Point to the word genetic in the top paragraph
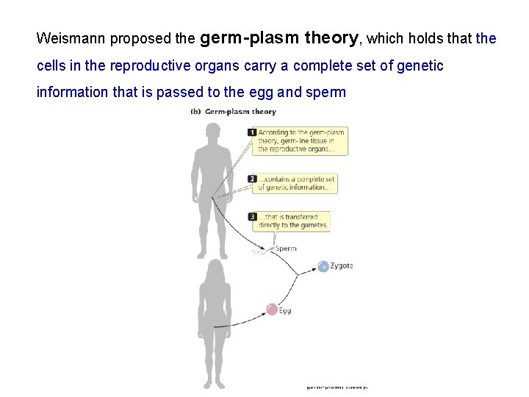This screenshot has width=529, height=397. (x=420, y=66)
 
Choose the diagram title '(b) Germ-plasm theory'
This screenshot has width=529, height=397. (x=233, y=112)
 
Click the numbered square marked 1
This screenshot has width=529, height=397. (x=252, y=132)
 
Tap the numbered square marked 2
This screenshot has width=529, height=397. (x=252, y=179)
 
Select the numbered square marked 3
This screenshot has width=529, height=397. (x=252, y=217)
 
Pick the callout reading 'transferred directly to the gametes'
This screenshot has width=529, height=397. (x=293, y=221)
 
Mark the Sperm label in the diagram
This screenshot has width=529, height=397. (x=286, y=248)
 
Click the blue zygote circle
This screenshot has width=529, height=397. (x=323, y=267)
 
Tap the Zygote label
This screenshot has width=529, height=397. (x=342, y=265)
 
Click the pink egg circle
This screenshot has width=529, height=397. (x=272, y=310)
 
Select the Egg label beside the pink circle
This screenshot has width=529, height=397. (x=285, y=310)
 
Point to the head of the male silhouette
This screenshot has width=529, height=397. (x=212, y=134)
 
